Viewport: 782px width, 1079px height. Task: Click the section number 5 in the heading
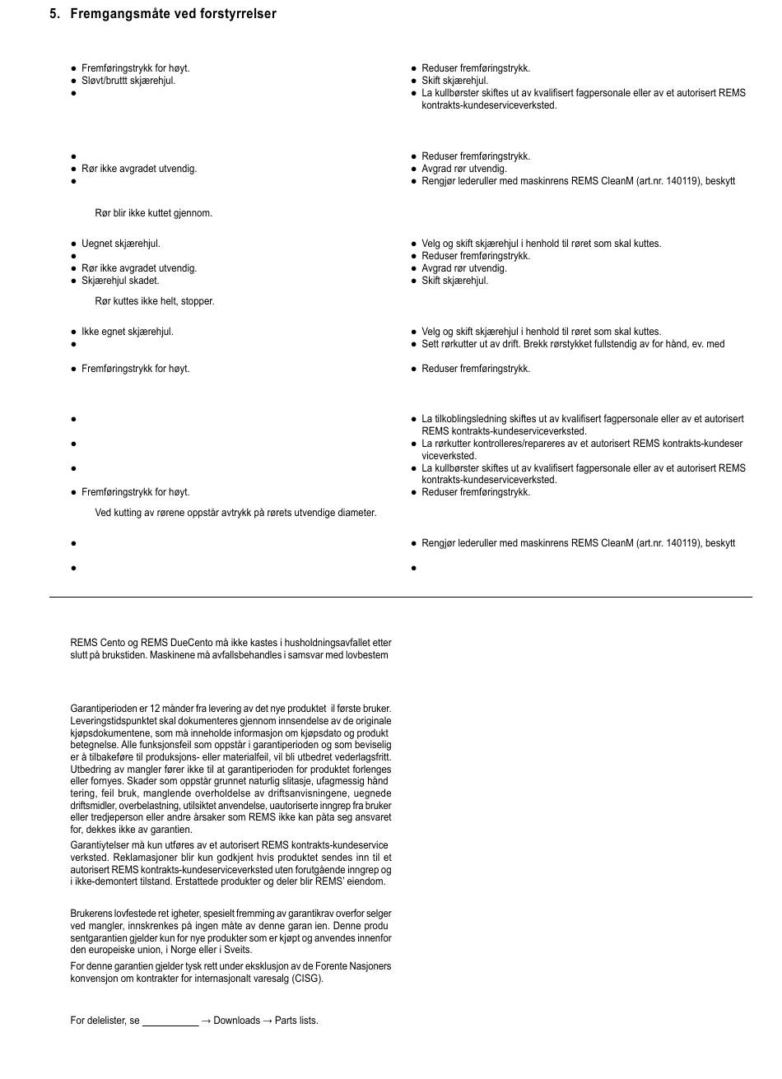54,14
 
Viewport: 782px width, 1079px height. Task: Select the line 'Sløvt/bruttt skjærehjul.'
128,81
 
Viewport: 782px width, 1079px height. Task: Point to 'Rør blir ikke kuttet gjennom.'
153,213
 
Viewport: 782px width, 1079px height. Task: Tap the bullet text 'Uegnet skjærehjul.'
120,244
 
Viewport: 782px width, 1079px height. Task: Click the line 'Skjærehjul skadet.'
120,281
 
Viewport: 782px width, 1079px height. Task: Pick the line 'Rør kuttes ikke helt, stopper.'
154,301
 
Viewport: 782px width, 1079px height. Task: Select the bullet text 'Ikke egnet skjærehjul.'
127,332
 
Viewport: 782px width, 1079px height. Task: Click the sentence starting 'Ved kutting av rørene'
235,513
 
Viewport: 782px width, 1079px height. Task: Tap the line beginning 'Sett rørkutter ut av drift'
572,344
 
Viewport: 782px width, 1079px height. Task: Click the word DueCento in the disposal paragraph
163,643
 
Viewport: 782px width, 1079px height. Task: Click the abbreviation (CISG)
307,979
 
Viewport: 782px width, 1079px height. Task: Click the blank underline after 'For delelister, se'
170,1021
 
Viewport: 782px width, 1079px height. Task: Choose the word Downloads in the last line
236,1021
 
